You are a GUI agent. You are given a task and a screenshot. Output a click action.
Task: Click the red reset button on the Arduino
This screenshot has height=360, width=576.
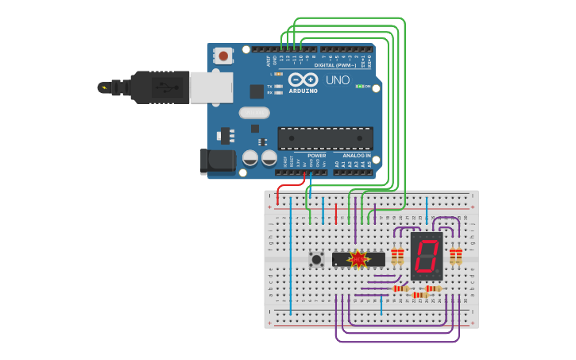click(x=223, y=56)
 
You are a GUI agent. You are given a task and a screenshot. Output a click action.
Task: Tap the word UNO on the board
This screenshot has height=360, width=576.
click(x=338, y=80)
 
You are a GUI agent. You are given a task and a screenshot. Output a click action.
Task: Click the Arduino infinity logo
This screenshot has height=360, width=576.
click(x=303, y=79)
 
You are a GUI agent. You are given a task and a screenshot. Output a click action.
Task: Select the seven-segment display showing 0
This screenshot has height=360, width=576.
click(x=427, y=256)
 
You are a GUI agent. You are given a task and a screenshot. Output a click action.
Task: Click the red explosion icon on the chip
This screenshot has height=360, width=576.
click(x=358, y=258)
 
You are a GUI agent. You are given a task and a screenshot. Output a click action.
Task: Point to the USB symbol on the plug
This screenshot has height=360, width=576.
click(x=163, y=87)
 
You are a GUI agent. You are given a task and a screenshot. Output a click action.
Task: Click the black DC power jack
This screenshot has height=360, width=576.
click(x=217, y=161)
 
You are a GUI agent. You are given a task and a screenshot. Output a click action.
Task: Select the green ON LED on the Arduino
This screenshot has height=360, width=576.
click(x=359, y=86)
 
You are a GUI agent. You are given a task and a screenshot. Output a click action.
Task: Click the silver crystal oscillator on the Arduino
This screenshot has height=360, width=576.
click(x=254, y=113)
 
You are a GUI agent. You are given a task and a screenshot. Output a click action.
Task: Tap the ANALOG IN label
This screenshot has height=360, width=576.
click(x=357, y=156)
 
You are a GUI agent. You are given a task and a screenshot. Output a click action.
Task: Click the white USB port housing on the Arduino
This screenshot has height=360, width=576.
click(x=211, y=87)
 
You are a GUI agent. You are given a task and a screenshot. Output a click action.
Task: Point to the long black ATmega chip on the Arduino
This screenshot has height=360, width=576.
click(x=324, y=138)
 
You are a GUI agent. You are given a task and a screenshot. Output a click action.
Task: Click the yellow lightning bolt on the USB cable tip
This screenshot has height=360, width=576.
click(x=102, y=87)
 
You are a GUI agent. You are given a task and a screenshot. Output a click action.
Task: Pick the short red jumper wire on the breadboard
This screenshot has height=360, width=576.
click(x=336, y=213)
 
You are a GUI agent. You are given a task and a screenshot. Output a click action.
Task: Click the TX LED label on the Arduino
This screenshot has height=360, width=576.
click(x=270, y=86)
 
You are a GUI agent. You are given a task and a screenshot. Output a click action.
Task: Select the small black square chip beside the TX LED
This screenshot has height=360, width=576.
click(x=257, y=91)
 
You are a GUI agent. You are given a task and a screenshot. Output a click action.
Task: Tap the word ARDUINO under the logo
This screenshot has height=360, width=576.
click(x=303, y=91)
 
